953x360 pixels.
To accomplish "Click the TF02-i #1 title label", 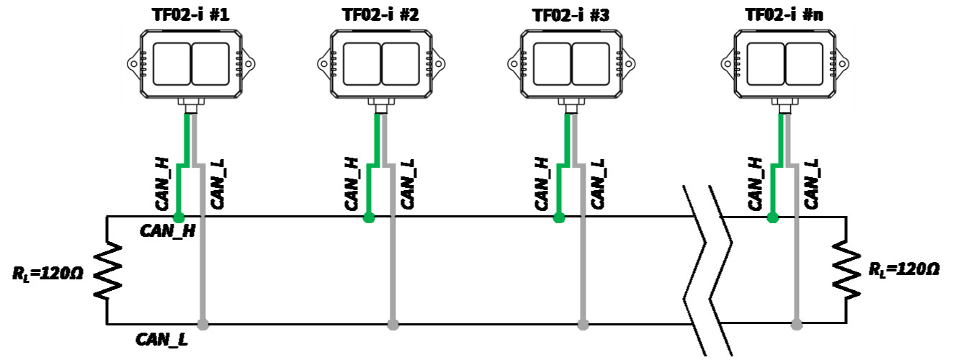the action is click(191, 15).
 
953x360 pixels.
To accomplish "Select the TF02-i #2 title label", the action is click(381, 15).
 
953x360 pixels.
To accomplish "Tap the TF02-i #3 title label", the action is click(571, 15).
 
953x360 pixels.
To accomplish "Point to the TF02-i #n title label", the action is click(784, 15).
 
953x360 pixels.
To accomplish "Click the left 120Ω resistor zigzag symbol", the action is click(107, 270).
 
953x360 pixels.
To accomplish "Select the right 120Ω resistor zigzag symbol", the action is click(846, 269).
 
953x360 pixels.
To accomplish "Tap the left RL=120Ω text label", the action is click(48, 274).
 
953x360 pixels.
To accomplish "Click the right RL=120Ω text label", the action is click(903, 269).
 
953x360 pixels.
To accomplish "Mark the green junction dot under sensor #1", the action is click(179, 218).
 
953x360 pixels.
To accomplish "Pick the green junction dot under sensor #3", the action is click(559, 218).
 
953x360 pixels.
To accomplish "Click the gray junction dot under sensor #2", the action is click(393, 325).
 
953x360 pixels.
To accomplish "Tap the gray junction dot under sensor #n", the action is click(797, 325).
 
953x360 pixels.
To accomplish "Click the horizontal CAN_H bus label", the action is click(168, 231).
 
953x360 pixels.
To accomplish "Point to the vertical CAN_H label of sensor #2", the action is click(352, 184).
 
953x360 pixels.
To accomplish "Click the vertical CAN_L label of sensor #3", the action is click(598, 184).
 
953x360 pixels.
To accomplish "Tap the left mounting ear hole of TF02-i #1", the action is click(133, 64).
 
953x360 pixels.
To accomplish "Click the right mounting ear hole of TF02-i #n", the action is click(842, 64).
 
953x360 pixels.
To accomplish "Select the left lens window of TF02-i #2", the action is click(362, 64).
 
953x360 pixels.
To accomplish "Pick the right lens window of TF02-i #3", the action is click(591, 64).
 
